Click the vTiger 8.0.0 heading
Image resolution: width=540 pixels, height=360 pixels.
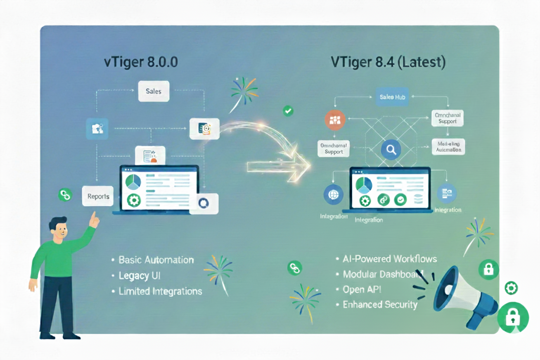pyautogui.click(x=141, y=62)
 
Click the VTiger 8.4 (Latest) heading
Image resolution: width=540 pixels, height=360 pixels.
pyautogui.click(x=388, y=62)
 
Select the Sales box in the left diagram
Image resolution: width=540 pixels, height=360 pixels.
pyautogui.click(x=154, y=92)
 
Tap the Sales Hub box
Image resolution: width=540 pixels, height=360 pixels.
pyautogui.click(x=392, y=97)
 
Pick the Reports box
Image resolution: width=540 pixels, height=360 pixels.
pyautogui.click(x=98, y=196)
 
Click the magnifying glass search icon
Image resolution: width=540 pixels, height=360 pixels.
pyautogui.click(x=391, y=150)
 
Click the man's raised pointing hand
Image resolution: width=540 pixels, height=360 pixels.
pyautogui.click(x=93, y=220)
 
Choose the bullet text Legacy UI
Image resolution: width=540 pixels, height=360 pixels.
pyautogui.click(x=139, y=276)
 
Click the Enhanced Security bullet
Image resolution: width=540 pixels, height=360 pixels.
pyautogui.click(x=380, y=305)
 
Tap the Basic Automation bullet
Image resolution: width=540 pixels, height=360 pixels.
pyautogui.click(x=156, y=260)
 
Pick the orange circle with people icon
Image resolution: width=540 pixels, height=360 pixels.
pyautogui.click(x=335, y=120)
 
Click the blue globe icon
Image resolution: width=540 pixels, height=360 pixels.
pyautogui.click(x=333, y=195)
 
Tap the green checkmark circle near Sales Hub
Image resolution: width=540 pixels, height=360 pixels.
pyautogui.click(x=288, y=111)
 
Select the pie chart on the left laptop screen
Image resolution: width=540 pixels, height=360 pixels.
pyautogui.click(x=133, y=182)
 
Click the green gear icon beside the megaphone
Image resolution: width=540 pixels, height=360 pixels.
pyautogui.click(x=511, y=288)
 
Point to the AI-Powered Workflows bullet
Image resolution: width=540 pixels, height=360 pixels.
pyautogui.click(x=389, y=259)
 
